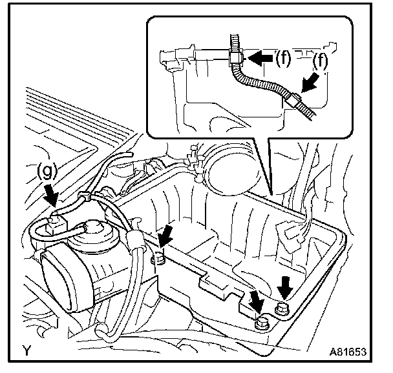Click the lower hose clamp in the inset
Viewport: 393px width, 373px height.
click(x=292, y=99)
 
